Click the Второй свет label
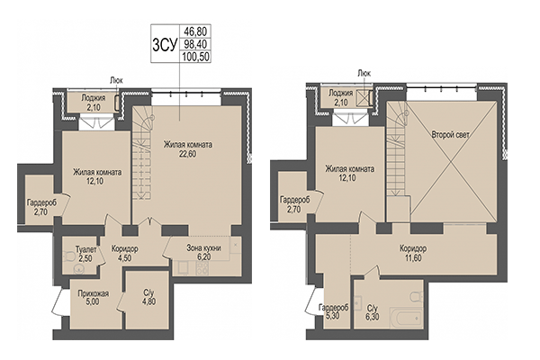tap(449, 134)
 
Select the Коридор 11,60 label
tap(413, 254)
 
